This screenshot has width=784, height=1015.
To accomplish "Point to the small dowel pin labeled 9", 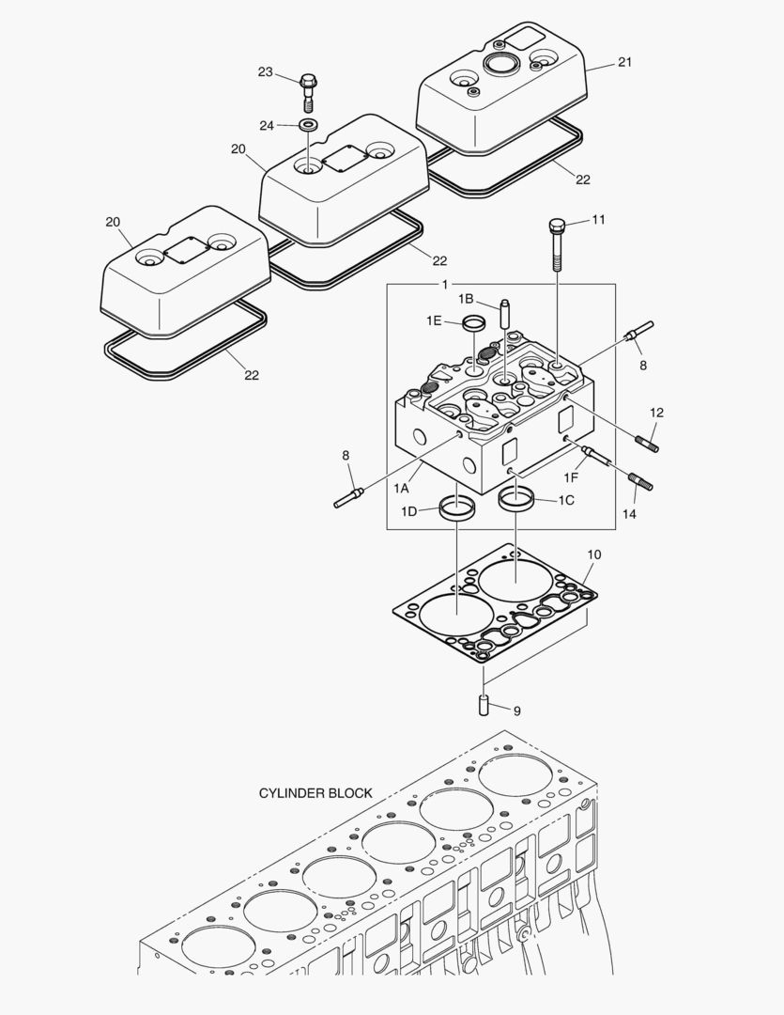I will tap(484, 703).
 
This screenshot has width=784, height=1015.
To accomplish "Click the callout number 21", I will tap(624, 63).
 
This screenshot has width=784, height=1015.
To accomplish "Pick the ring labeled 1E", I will tap(475, 324).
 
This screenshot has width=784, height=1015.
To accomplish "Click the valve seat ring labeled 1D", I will tap(456, 511).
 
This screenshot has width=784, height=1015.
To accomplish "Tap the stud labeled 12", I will tap(648, 437).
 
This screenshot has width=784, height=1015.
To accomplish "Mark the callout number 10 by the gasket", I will tap(593, 554).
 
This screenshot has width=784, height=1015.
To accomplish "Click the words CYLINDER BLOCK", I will tap(315, 793).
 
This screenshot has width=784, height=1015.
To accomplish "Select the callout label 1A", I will tap(401, 487).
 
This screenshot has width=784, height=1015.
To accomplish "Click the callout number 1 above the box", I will tap(444, 284).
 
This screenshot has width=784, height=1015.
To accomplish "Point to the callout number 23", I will tap(266, 72).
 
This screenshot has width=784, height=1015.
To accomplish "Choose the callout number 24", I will tap(267, 125).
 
